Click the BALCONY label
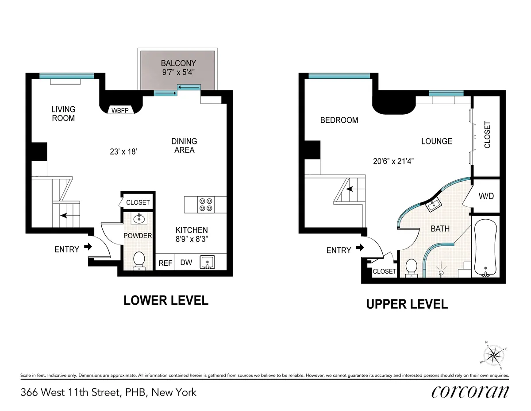click(178, 63)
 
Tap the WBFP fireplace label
click(122, 110)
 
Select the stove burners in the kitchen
click(206, 204)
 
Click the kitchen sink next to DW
click(207, 262)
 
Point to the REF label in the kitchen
click(165, 263)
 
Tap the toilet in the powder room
click(139, 260)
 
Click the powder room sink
click(139, 217)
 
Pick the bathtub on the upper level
click(486, 247)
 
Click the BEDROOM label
click(339, 120)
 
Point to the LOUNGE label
click(436, 141)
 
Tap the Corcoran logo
click(469, 392)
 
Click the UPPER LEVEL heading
click(407, 304)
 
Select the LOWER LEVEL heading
click(165, 300)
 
